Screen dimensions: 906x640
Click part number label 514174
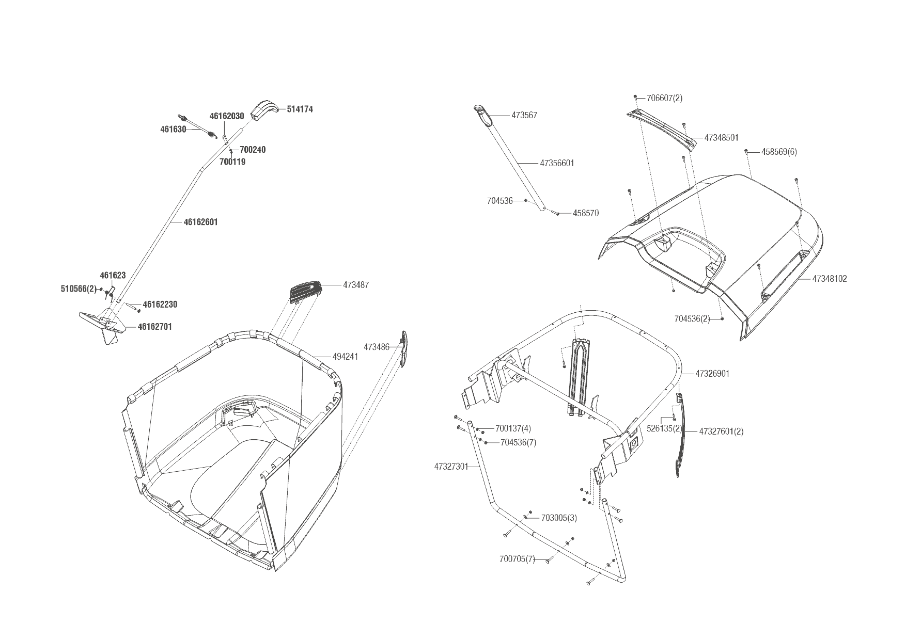pos(300,109)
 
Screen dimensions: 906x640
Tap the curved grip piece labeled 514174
pos(264,110)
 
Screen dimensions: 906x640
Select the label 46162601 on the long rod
pos(201,222)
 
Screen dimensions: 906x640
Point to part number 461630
pos(173,130)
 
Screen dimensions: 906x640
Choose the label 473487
pos(356,285)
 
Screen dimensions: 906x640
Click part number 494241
pos(345,357)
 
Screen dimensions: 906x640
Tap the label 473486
pos(377,347)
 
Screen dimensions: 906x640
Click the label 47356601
pos(557,163)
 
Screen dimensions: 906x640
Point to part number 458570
pos(586,213)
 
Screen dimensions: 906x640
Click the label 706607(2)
pos(664,98)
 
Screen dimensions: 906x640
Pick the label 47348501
pos(721,138)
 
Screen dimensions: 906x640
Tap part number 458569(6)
pos(778,152)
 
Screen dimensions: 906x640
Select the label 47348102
pos(830,279)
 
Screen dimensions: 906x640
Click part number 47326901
pos(712,374)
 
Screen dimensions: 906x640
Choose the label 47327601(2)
pos(721,431)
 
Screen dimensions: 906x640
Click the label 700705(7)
pos(517,559)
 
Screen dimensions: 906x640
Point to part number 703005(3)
pos(559,518)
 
